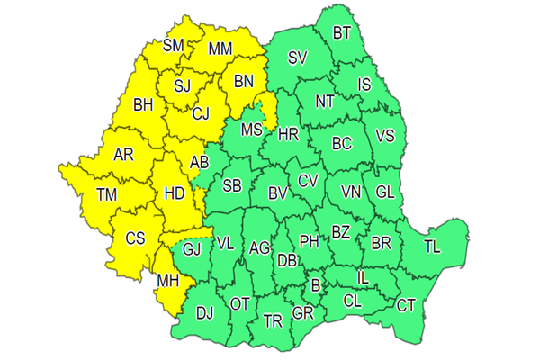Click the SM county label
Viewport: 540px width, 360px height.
tap(174, 44)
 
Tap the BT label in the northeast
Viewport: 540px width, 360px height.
tap(342, 33)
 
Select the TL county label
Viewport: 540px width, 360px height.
tap(433, 246)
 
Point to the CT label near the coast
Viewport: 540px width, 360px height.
tap(406, 306)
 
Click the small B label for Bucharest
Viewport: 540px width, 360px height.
tap(315, 286)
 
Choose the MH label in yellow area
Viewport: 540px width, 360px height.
tap(167, 281)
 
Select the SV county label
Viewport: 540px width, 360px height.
tap(298, 58)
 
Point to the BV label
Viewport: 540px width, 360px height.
tap(276, 192)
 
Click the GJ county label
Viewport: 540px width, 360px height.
tap(192, 249)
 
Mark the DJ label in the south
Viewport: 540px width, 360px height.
tap(204, 313)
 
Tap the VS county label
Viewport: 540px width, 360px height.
tap(384, 137)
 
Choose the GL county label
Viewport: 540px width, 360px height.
tap(384, 192)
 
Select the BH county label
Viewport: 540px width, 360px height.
tap(142, 105)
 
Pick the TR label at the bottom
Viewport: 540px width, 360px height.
tap(273, 321)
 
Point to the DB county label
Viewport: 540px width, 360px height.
tap(287, 260)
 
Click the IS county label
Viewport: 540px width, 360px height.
tap(364, 85)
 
